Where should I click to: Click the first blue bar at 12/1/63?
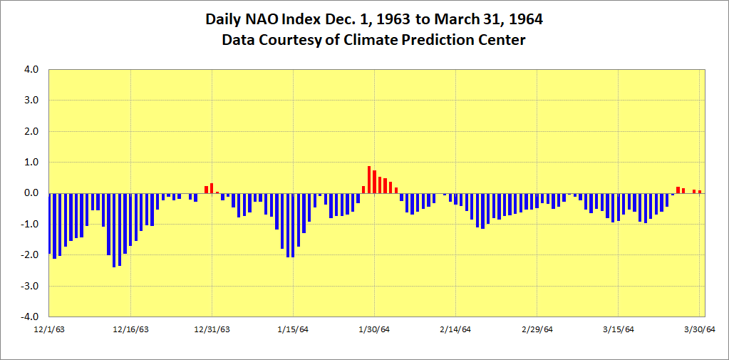coord(50,223)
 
